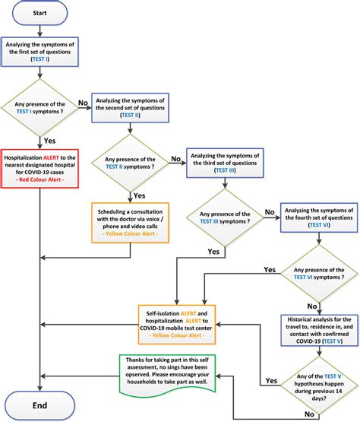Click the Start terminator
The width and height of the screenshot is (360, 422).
click(39, 13)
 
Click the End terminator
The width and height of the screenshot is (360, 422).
click(39, 405)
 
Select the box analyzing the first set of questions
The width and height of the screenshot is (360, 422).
click(39, 52)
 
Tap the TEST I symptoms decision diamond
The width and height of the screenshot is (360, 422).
click(39, 108)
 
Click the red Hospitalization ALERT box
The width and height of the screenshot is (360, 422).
click(39, 169)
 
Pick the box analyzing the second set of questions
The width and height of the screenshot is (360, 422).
click(130, 108)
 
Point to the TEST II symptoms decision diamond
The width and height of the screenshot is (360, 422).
click(130, 163)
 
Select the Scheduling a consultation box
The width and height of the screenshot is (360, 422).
click(130, 223)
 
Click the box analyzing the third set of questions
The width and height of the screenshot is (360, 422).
click(225, 163)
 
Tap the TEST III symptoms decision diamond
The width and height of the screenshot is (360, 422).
click(225, 217)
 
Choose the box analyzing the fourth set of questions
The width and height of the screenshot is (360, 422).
click(319, 217)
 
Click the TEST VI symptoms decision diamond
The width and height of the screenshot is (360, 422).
click(319, 274)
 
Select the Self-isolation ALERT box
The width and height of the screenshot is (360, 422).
click(177, 325)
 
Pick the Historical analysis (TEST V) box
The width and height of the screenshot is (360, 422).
click(319, 330)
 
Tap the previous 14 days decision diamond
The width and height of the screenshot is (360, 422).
click(319, 386)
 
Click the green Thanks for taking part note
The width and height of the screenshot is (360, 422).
click(167, 376)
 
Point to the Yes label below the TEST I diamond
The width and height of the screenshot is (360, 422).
click(49, 141)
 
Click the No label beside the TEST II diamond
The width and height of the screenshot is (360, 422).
click(176, 159)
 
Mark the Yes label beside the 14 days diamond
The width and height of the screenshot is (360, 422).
click(271, 380)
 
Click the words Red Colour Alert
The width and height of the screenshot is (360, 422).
click(39, 179)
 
